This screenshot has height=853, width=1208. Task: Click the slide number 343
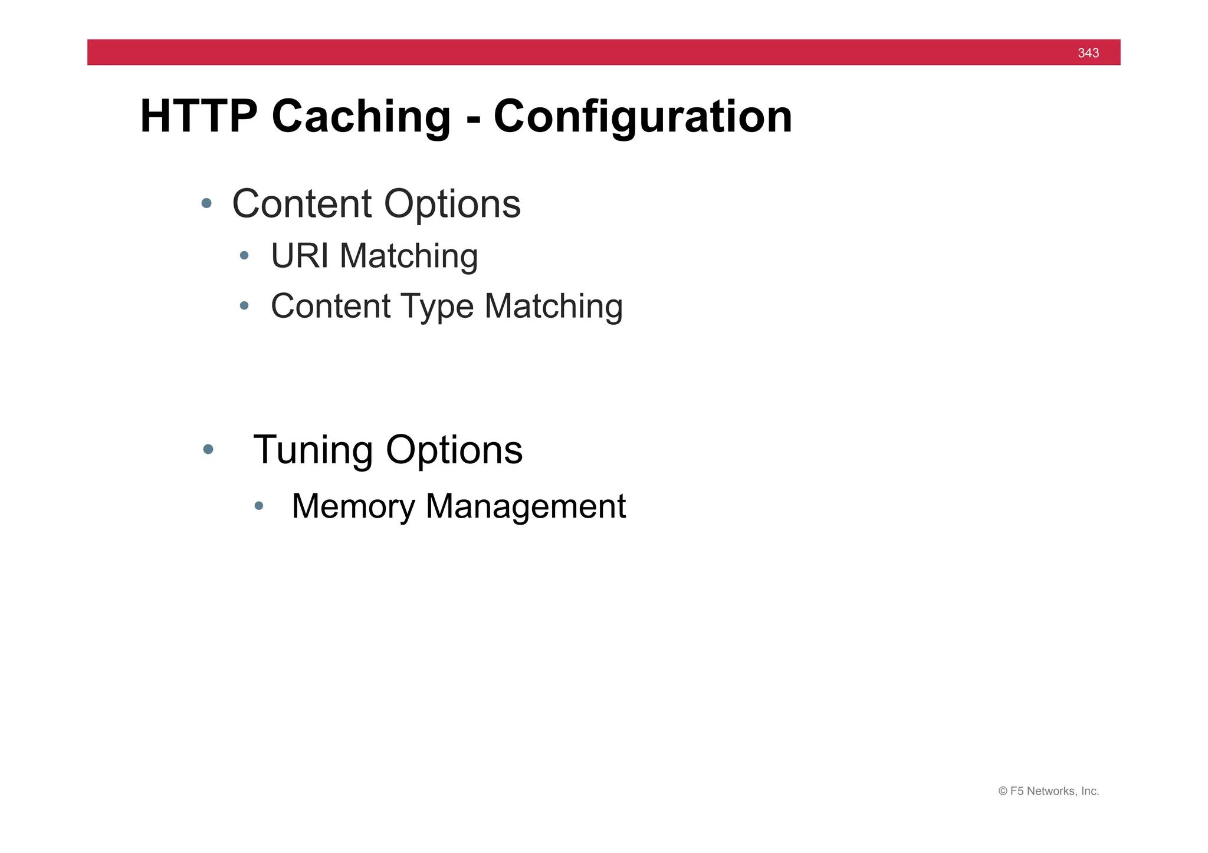click(1088, 53)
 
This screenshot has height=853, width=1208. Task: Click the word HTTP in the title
click(199, 116)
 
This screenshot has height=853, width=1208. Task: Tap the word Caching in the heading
click(361, 116)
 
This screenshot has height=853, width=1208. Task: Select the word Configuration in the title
click(642, 116)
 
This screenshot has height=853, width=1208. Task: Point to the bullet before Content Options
click(206, 203)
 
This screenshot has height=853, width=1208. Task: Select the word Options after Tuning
click(454, 450)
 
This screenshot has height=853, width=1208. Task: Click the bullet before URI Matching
click(244, 256)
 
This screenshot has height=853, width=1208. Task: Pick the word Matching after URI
click(408, 256)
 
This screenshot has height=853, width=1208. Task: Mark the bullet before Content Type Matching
click(244, 305)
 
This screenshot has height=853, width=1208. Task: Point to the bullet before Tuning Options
click(208, 449)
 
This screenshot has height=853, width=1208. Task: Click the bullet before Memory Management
click(258, 505)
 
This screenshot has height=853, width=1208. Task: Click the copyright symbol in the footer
click(1002, 791)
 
